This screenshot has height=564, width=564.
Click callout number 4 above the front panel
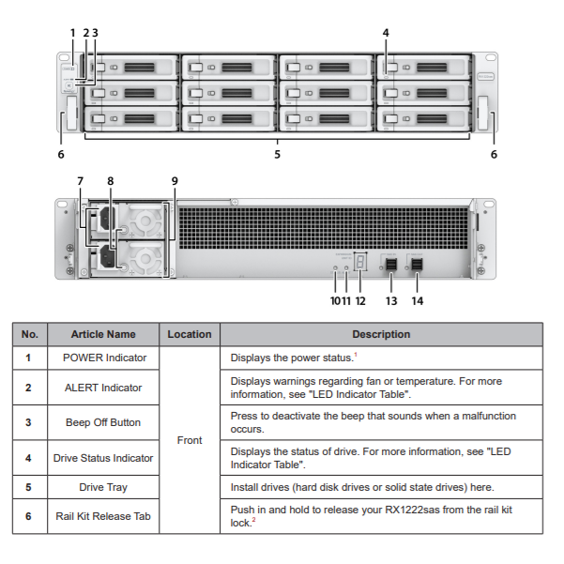(x=385, y=32)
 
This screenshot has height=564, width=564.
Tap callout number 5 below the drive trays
(x=277, y=154)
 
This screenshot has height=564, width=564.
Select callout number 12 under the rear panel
(x=360, y=301)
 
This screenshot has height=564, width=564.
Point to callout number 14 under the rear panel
(x=418, y=301)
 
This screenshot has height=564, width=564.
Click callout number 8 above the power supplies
(x=110, y=180)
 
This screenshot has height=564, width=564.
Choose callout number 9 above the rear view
(x=174, y=180)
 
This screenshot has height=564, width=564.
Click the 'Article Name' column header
(x=103, y=334)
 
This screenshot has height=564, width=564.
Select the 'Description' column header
(x=381, y=334)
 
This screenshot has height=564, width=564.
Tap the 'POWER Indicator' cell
(x=103, y=358)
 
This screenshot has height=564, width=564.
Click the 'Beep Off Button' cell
(x=103, y=422)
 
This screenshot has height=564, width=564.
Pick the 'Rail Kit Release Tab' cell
(x=103, y=515)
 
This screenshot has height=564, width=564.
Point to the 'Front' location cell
(x=190, y=439)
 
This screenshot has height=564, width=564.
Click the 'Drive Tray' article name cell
(x=103, y=487)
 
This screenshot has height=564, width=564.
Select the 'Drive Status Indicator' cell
(x=103, y=458)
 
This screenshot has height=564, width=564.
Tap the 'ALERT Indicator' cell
(x=103, y=388)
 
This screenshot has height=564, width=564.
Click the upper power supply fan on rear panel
(x=145, y=222)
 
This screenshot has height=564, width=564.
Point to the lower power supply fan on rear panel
(x=145, y=256)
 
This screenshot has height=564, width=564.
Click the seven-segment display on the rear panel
(x=360, y=262)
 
